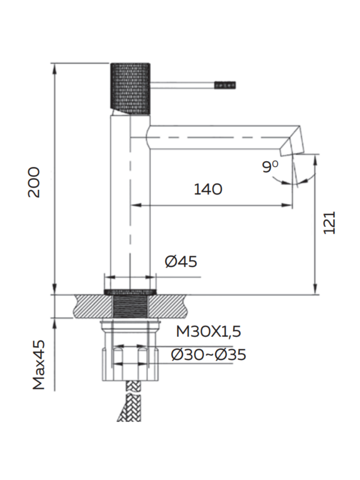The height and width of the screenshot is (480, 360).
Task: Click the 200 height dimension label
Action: tap(34, 182)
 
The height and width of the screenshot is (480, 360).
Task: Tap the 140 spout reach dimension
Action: tap(208, 189)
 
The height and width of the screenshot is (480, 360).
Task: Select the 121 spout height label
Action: tap(329, 223)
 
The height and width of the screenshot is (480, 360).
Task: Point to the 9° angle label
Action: tap(270, 167)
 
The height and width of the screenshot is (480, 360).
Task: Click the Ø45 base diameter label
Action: tap(181, 261)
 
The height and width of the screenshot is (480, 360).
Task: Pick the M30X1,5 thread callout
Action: tap(208, 332)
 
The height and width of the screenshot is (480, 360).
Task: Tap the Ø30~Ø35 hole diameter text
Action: tap(208, 354)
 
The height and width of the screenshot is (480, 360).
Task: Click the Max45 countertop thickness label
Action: tap(39, 365)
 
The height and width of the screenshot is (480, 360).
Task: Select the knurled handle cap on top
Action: tap(130, 88)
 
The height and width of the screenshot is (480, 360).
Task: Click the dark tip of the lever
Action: tap(225, 85)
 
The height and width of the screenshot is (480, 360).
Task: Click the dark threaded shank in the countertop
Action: tap(130, 306)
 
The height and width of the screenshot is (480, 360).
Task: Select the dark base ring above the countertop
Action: tap(130, 292)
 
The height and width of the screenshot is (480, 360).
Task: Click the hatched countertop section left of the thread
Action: tap(93, 306)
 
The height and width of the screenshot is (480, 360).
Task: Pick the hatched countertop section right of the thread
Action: tap(168, 306)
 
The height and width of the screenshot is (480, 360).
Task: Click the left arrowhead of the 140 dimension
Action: tap(136, 205)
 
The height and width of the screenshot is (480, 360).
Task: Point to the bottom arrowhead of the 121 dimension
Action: tap(315, 289)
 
